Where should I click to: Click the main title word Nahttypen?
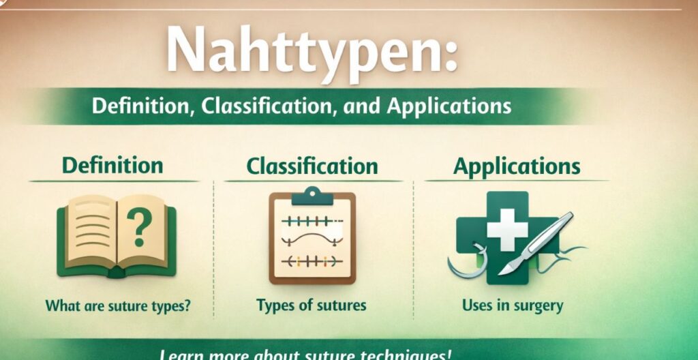pyautogui.click(x=300, y=54)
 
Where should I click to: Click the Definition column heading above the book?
pyautogui.click(x=112, y=165)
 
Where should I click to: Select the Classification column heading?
pyautogui.click(x=312, y=166)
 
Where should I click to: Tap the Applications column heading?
pyautogui.click(x=517, y=166)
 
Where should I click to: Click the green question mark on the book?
pyautogui.click(x=139, y=229)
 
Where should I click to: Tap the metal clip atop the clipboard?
pyautogui.click(x=313, y=196)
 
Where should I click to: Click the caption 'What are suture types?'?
pyautogui.click(x=117, y=305)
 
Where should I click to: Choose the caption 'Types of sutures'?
pyautogui.click(x=312, y=305)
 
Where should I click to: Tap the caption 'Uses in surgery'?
pyautogui.click(x=513, y=305)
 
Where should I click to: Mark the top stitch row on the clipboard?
pyautogui.click(x=311, y=220)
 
